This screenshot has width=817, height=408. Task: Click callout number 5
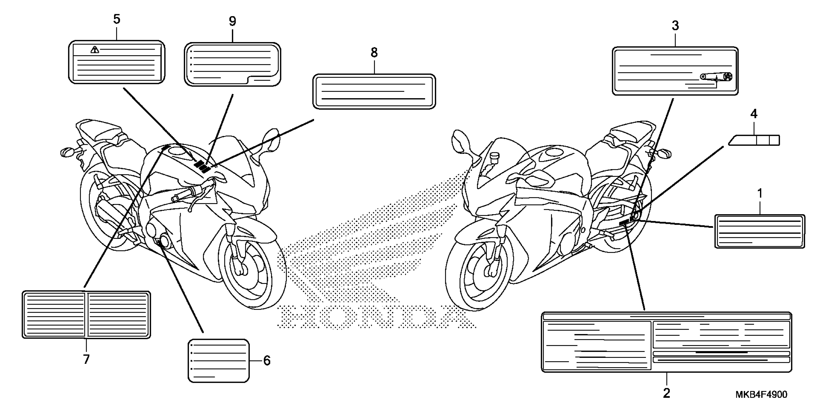[x=117, y=20]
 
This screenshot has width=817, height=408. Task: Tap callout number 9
[x=232, y=22]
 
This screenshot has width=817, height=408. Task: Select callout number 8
[x=374, y=53]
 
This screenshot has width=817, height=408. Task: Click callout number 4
[x=754, y=114]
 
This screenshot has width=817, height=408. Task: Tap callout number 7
[x=86, y=360]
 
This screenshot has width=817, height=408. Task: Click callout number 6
[x=267, y=360]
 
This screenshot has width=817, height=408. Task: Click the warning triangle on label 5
[x=94, y=50]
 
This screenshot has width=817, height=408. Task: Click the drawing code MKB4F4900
[x=761, y=394]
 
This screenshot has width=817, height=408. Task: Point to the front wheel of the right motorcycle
[x=479, y=272]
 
